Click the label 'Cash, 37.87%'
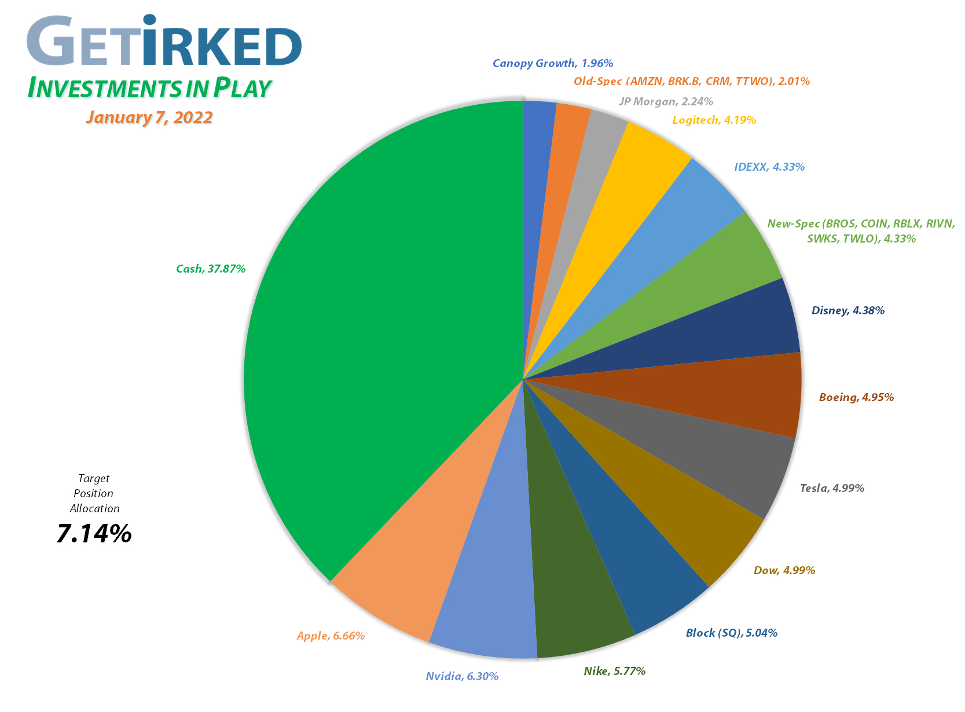[211, 269]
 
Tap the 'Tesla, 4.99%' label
[832, 488]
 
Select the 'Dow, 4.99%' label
[784, 571]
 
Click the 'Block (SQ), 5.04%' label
[731, 633]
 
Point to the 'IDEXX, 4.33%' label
[769, 167]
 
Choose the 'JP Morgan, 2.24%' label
[666, 102]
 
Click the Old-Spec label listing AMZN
[692, 82]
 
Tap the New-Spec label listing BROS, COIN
[861, 231]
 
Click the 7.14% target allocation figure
[94, 533]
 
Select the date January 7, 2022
[149, 118]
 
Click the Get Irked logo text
[164, 42]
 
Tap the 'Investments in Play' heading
[149, 87]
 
